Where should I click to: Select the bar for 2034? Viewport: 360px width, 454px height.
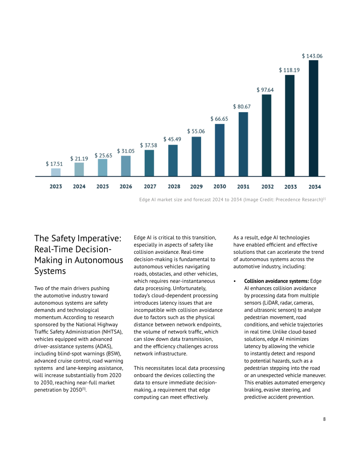pyautogui.click(x=313, y=118)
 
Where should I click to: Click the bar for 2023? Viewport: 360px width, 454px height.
pyautogui.click(x=56, y=172)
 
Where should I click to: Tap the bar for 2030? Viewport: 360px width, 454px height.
pyautogui.click(x=220, y=150)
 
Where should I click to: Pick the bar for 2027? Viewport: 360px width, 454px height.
pyautogui.click(x=149, y=163)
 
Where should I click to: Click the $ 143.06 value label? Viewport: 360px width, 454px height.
pyautogui.click(x=312, y=56)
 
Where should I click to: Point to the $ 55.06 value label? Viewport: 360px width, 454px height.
pyautogui.click(x=196, y=131)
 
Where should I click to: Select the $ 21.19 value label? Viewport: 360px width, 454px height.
pyautogui.click(x=79, y=159)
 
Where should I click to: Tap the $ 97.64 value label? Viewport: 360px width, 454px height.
pyautogui.click(x=265, y=90)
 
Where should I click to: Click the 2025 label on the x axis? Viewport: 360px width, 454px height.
pyautogui.click(x=103, y=187)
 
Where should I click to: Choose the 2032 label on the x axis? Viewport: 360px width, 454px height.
pyautogui.click(x=267, y=187)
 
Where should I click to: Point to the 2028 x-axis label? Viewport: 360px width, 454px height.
pyautogui.click(x=174, y=187)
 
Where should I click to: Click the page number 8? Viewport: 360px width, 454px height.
pyautogui.click(x=324, y=419)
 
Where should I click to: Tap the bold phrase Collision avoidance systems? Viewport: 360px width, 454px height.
pyautogui.click(x=277, y=281)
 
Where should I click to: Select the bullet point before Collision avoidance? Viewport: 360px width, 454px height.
pyautogui.click(x=235, y=282)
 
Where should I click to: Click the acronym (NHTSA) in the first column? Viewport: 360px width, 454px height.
pyautogui.click(x=112, y=332)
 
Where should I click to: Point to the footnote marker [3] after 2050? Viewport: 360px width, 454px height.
pyautogui.click(x=84, y=389)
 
